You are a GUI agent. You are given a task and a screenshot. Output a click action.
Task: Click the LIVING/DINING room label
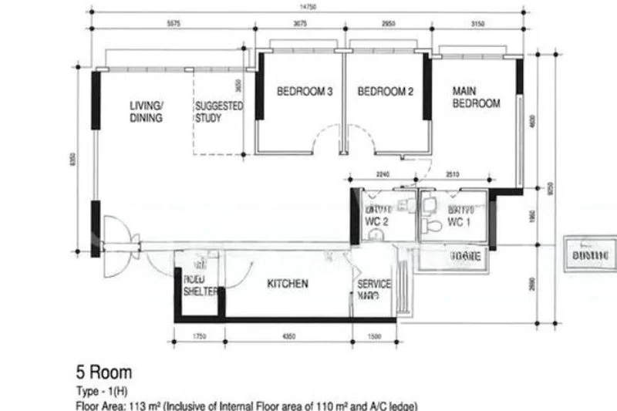click(x=146, y=112)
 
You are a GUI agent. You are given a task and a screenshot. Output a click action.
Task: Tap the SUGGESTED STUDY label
click(x=218, y=112)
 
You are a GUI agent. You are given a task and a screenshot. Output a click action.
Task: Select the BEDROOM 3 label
click(x=304, y=92)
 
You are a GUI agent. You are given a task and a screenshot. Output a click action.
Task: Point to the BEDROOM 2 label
click(x=386, y=92)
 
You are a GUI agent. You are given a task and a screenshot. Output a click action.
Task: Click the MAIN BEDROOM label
click(x=476, y=97)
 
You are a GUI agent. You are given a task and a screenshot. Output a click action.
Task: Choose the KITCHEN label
click(x=288, y=284)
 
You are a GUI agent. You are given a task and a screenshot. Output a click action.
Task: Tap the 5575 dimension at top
click(x=174, y=23)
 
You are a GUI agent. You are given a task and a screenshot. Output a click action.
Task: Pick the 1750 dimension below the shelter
click(x=198, y=337)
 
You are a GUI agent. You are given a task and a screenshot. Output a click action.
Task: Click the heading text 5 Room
click(x=103, y=374)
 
